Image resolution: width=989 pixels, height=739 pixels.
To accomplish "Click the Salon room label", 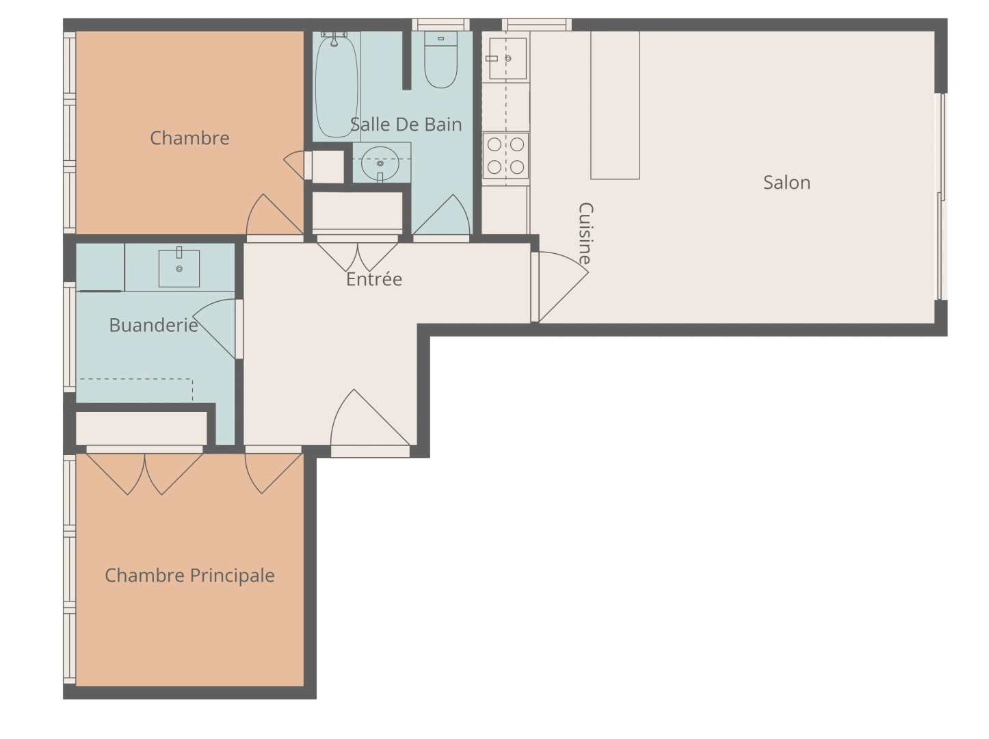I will [787, 183].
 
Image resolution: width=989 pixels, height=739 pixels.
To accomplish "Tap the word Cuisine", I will [585, 233].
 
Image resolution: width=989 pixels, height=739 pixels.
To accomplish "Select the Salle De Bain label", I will [406, 125].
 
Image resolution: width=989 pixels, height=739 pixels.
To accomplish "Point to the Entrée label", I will [373, 279].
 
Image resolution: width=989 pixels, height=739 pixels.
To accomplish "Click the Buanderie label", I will [153, 325].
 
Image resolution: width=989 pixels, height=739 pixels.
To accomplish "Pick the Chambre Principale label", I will [189, 575].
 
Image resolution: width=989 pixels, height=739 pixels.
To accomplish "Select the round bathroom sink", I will [380, 162].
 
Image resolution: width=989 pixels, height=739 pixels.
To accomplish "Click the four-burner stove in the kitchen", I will [505, 155].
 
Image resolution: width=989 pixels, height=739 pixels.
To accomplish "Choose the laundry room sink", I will [179, 268].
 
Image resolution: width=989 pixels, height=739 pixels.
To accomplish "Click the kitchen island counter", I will [615, 105].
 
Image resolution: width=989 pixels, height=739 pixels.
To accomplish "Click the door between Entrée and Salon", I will [559, 286].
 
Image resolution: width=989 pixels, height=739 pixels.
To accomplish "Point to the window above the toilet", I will [441, 25].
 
